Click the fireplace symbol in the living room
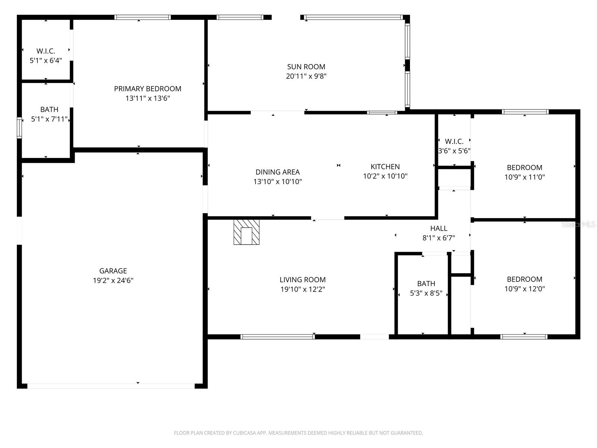(x=246, y=232)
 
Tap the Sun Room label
(x=306, y=67)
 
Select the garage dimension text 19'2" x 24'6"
(x=113, y=281)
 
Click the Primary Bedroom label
(x=147, y=89)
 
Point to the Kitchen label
(x=385, y=167)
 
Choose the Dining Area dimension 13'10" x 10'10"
(x=277, y=182)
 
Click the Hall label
(x=438, y=228)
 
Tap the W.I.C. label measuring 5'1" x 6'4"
(x=46, y=51)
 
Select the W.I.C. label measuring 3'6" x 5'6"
(x=454, y=141)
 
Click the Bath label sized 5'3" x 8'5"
(x=426, y=284)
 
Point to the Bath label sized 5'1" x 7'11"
(x=49, y=109)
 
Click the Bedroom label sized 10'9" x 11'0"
(x=524, y=168)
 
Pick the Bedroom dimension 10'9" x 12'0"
(x=524, y=289)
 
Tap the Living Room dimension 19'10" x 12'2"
(x=303, y=289)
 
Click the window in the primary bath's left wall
(x=19, y=128)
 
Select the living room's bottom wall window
(x=277, y=337)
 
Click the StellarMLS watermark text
(x=578, y=224)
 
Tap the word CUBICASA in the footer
(x=244, y=433)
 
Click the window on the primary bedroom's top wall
(x=142, y=17)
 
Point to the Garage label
(x=113, y=271)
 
